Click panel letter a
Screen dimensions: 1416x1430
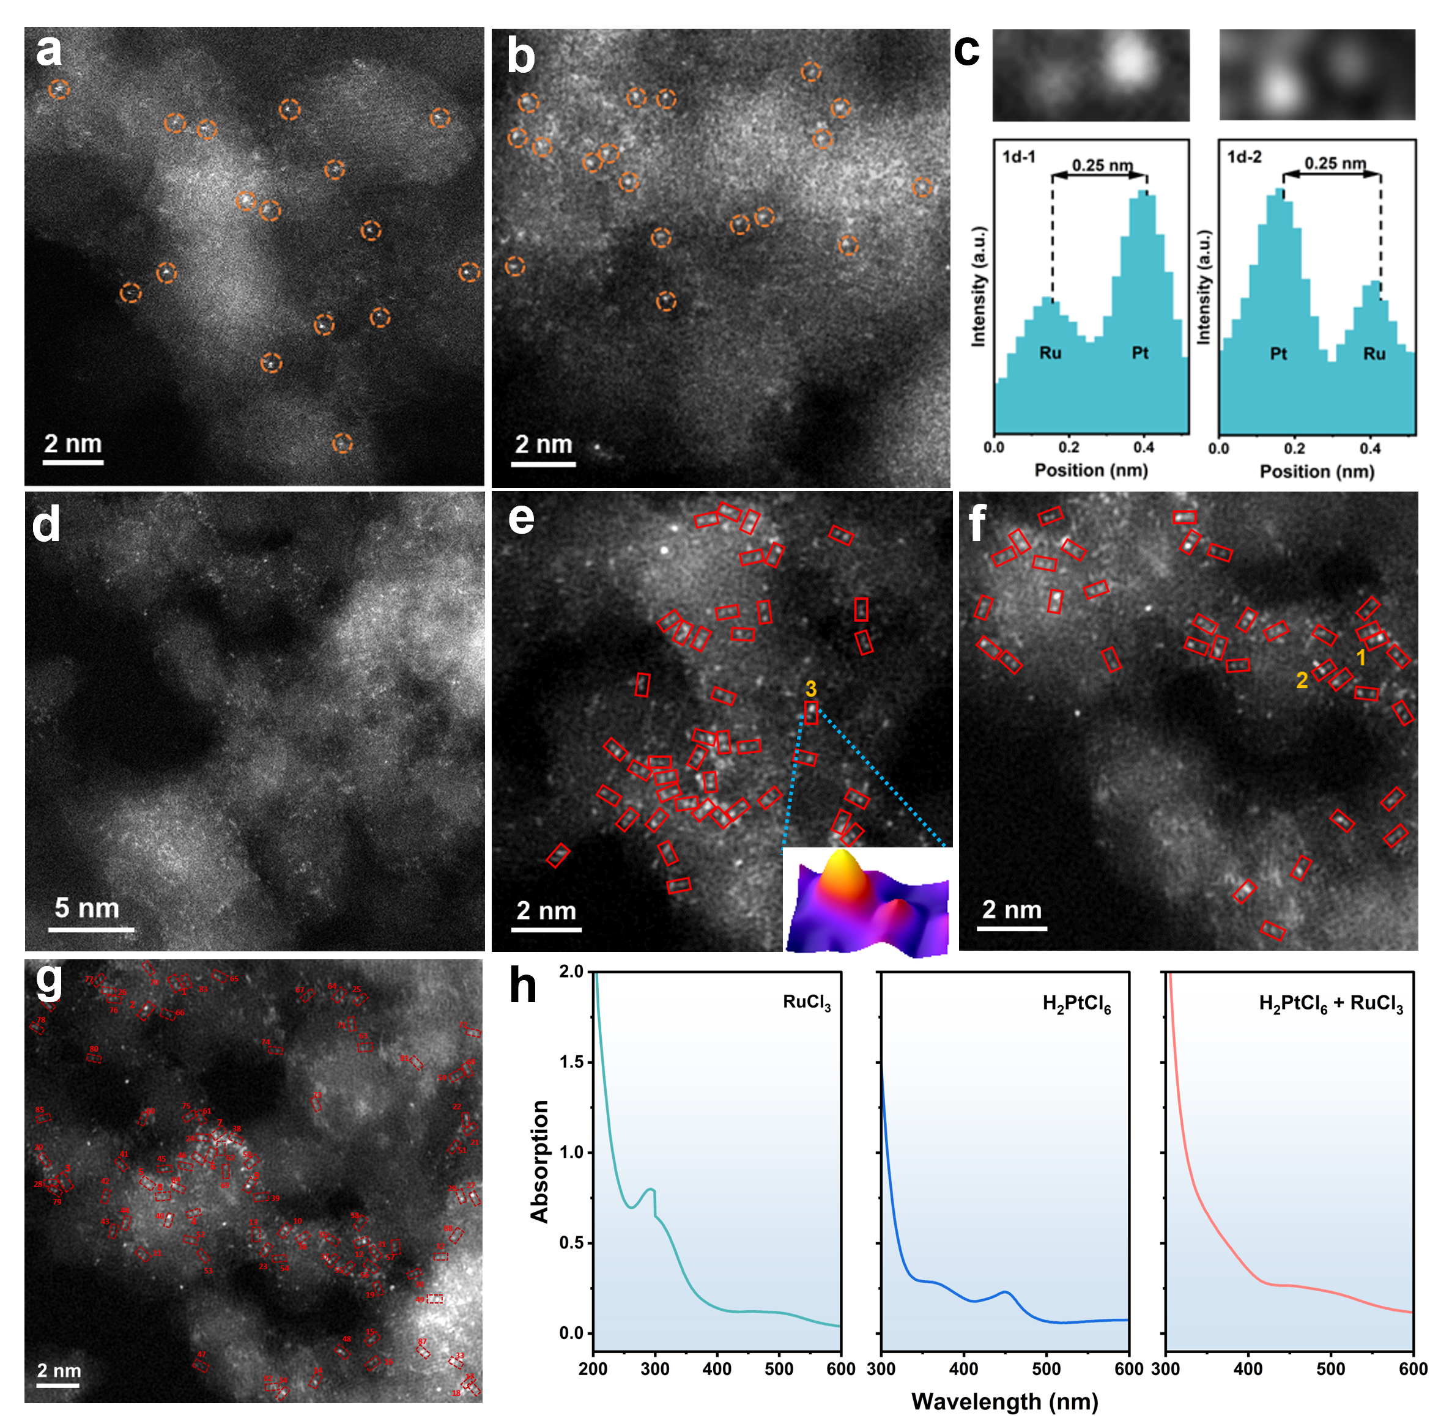[x=49, y=52]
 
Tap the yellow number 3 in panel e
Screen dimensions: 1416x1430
[x=810, y=689]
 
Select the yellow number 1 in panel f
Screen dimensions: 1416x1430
[x=1360, y=657]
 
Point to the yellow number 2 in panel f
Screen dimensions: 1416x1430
[x=1302, y=680]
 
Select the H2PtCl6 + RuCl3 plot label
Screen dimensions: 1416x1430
[x=1331, y=1003]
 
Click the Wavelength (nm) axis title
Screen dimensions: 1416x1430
[x=1004, y=1401]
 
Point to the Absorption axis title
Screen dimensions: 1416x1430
[x=539, y=1162]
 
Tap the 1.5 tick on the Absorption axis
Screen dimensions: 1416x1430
[x=571, y=1063]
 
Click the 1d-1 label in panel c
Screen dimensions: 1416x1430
[x=1018, y=157]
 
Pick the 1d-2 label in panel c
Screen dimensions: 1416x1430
[x=1244, y=157]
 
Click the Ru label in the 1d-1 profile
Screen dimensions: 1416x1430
[x=1050, y=353]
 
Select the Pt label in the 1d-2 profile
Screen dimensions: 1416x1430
[x=1278, y=353]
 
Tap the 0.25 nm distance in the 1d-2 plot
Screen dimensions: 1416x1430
[x=1335, y=163]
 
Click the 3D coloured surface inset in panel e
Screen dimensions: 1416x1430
[x=866, y=902]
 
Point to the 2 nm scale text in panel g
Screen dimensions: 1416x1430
[x=59, y=1370]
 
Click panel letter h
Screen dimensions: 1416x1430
[x=524, y=986]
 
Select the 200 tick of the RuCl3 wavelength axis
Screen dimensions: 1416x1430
[x=594, y=1369]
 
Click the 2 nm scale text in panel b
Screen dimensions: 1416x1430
[x=543, y=444]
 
